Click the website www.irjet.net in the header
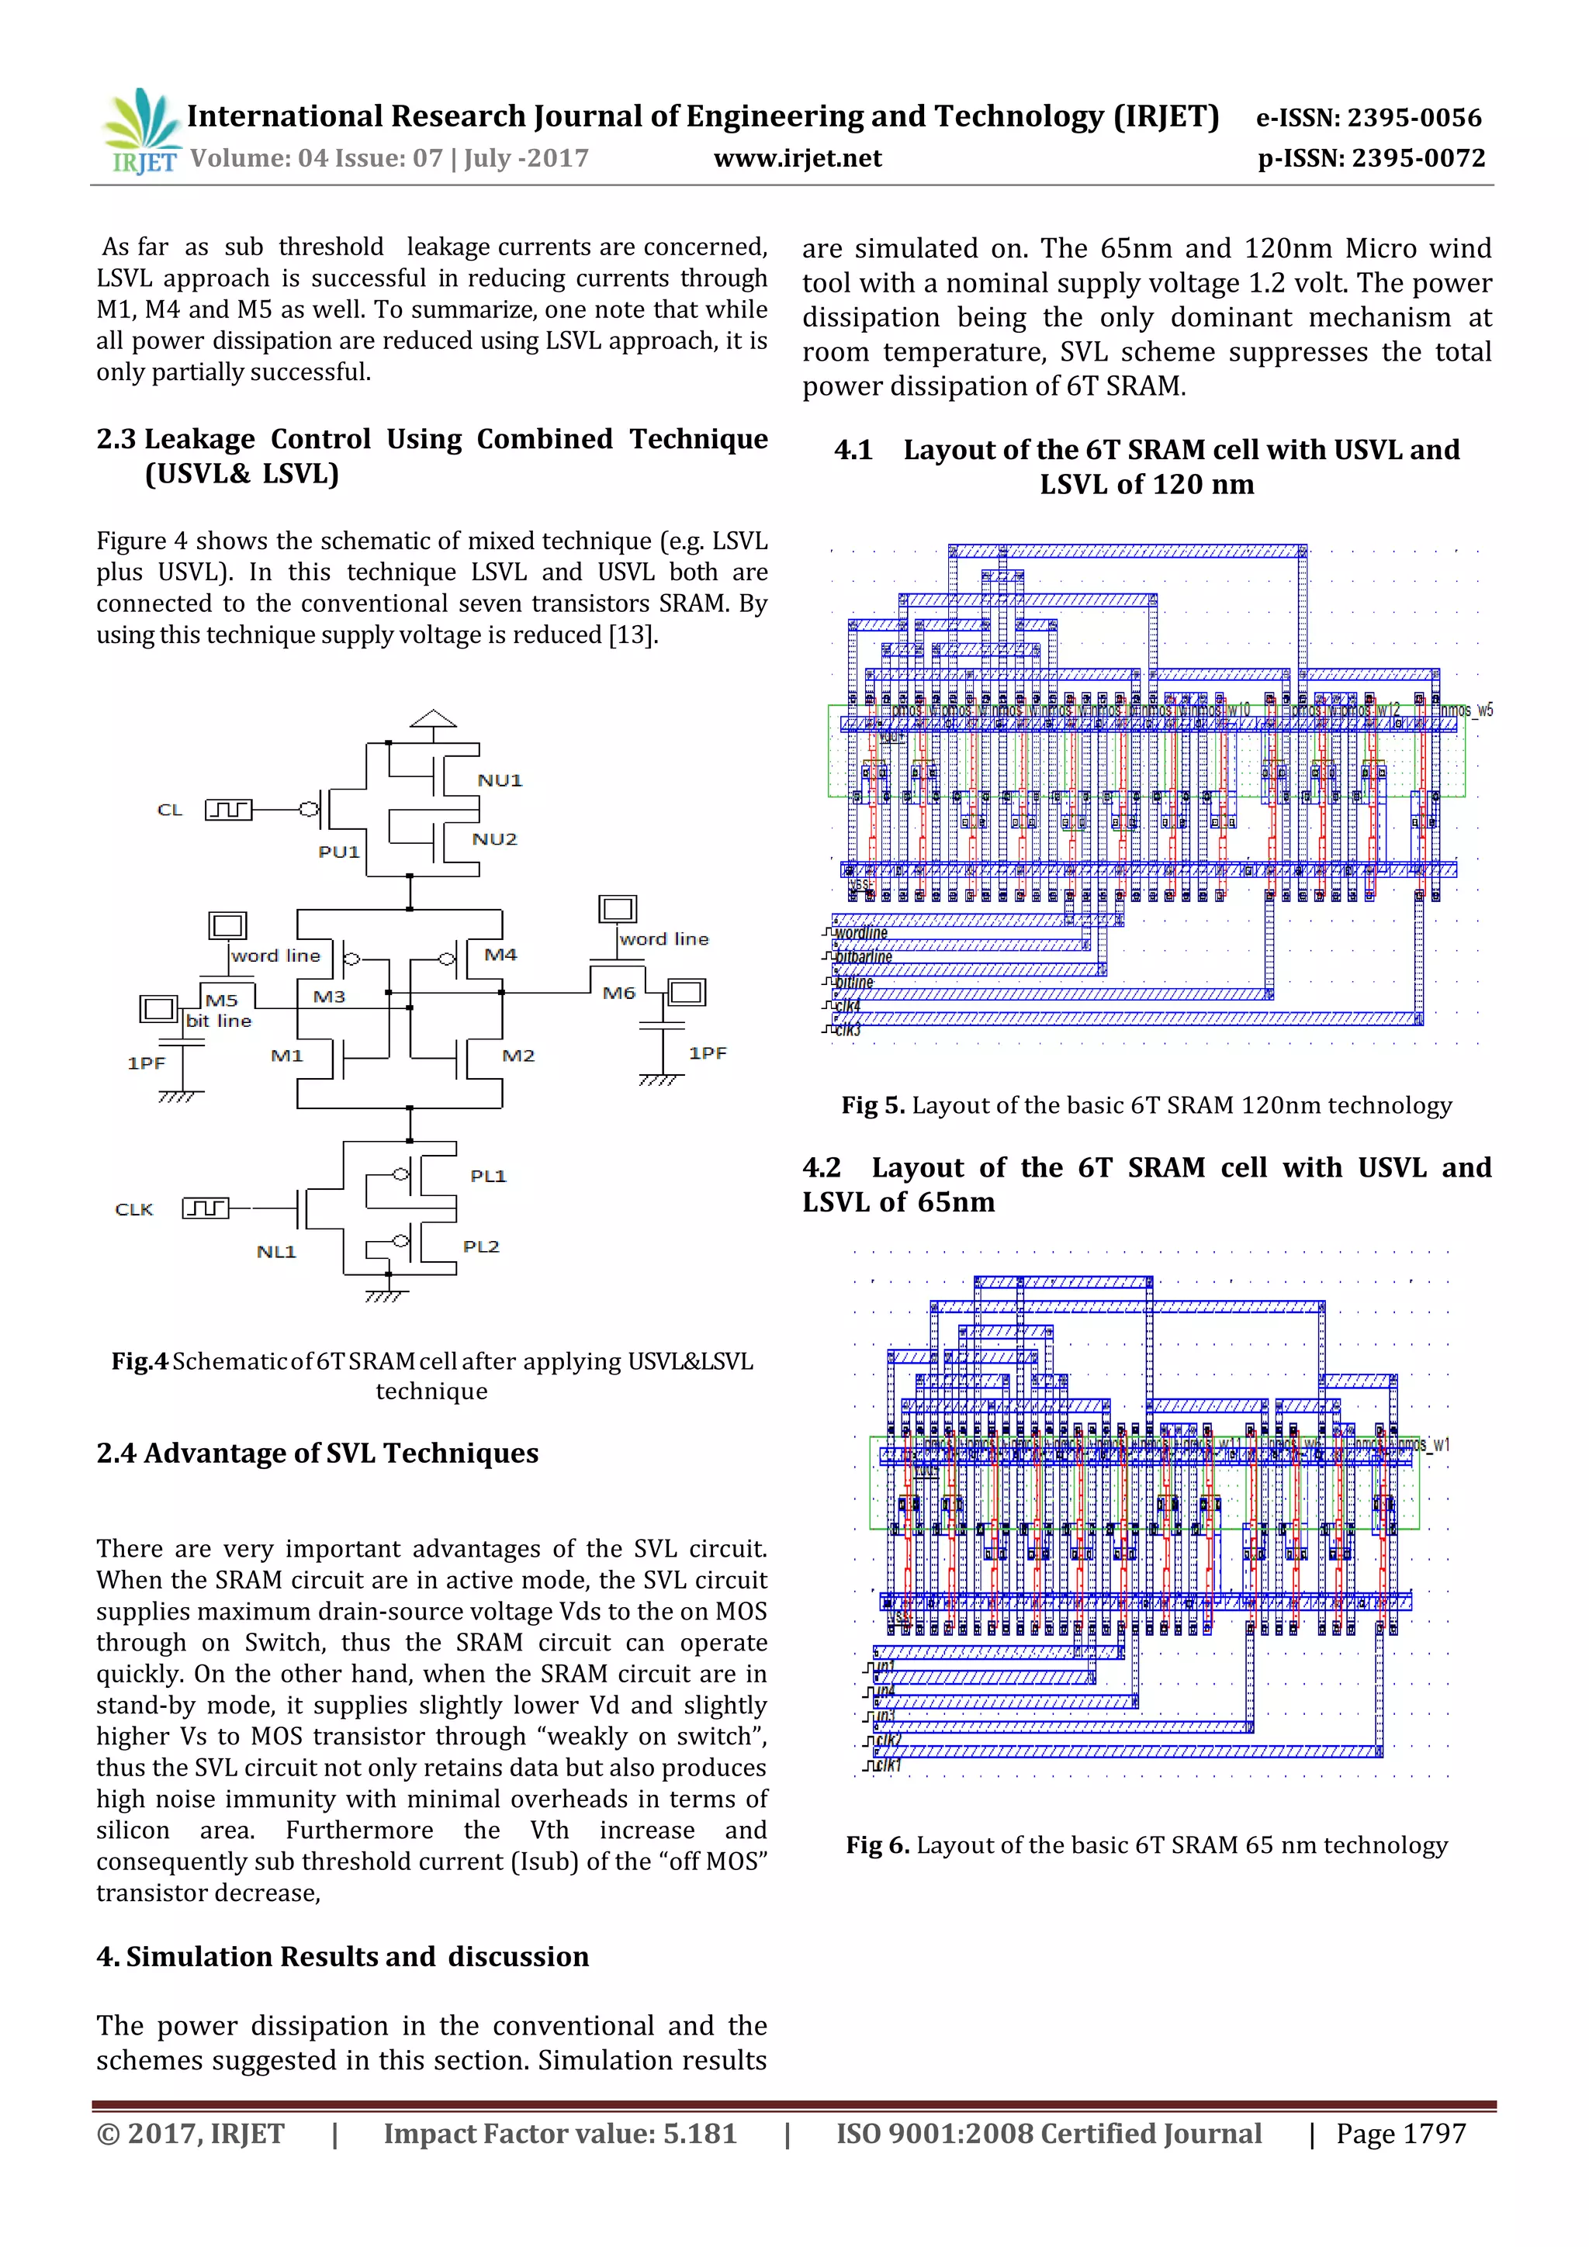point(797,158)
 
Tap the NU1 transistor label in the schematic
point(500,780)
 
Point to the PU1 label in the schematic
point(339,852)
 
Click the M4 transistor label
point(500,954)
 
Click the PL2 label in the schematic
point(481,1246)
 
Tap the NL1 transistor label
point(276,1252)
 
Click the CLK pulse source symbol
point(206,1208)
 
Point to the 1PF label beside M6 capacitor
point(707,1053)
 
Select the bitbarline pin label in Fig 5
point(864,957)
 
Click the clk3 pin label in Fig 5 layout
point(847,1029)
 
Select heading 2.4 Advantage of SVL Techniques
point(317,1454)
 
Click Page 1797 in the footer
point(1401,2134)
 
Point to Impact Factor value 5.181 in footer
point(560,2134)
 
